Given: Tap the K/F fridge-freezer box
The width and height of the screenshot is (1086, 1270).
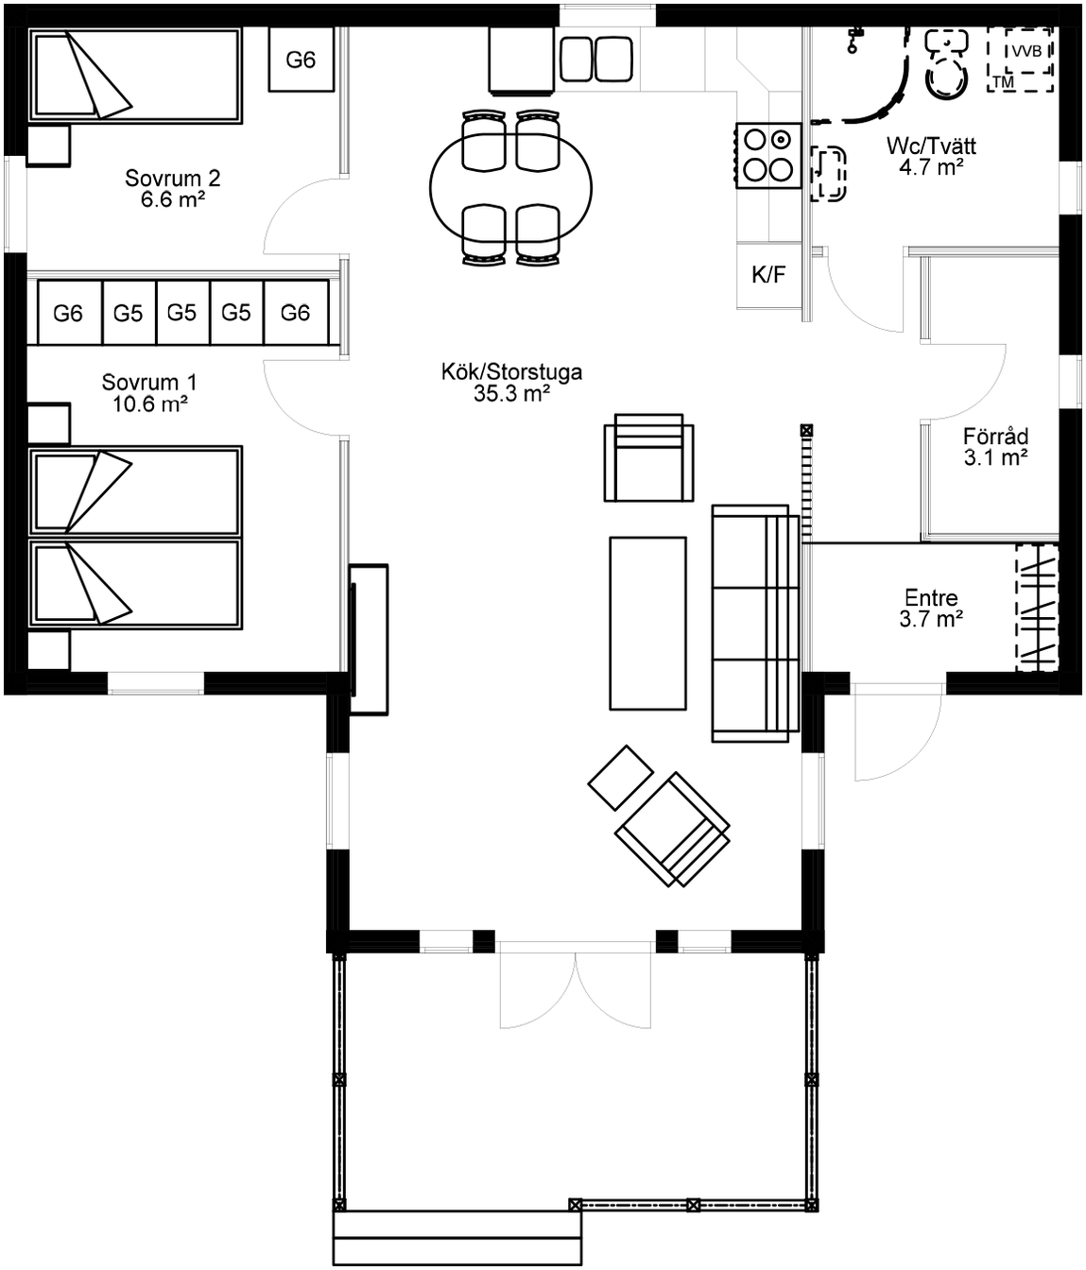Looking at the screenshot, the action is point(769,275).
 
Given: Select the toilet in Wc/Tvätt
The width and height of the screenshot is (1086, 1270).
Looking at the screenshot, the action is point(946,63).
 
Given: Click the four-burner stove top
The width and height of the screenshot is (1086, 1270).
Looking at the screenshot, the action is point(768,156).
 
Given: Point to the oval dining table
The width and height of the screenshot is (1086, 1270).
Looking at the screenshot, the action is point(510,189).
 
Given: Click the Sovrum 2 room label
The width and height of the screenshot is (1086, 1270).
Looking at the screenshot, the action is point(172,189).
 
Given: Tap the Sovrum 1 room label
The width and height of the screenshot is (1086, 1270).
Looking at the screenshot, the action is point(149,393).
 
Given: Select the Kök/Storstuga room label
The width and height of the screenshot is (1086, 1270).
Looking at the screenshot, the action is point(511,382).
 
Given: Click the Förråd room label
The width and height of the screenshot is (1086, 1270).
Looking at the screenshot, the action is point(995,447).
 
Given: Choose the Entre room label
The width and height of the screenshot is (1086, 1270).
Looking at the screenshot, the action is point(931,609).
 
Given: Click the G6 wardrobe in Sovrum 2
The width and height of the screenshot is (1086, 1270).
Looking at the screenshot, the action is point(302,60).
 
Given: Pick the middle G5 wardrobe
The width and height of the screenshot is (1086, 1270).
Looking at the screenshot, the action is point(182,313).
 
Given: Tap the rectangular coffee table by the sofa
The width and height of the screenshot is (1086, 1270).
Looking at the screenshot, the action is point(647,624).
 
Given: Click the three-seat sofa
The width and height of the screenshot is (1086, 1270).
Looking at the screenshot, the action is point(756,623).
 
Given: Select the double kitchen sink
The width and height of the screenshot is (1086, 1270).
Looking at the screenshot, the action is point(596,59).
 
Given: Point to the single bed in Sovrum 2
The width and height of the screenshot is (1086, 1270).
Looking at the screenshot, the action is point(135,75).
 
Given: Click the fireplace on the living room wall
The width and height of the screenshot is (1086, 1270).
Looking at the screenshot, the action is point(369,639).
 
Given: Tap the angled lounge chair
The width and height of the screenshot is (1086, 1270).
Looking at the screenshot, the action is point(672,830).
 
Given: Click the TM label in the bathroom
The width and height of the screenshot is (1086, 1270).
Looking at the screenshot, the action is point(1003,81).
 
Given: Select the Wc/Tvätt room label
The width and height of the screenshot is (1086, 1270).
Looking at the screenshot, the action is point(931,156).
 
